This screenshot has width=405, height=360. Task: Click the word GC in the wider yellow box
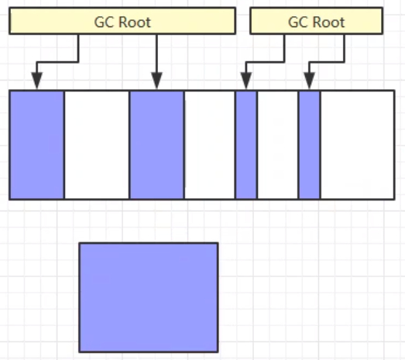pyautogui.click(x=105, y=22)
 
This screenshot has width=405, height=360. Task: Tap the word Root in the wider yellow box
pyautogui.click(x=135, y=22)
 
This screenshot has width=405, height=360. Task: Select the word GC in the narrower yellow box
pyautogui.click(x=299, y=22)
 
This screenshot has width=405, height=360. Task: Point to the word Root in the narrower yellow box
pyautogui.click(x=328, y=22)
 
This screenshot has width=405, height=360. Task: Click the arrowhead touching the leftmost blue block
pyautogui.click(x=37, y=81)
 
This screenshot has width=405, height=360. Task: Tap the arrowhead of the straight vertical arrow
pyautogui.click(x=156, y=81)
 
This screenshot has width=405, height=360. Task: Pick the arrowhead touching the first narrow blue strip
pyautogui.click(x=246, y=81)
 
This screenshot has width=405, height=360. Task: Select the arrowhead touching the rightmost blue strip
pyautogui.click(x=310, y=81)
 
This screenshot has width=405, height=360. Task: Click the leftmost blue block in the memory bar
pyautogui.click(x=36, y=145)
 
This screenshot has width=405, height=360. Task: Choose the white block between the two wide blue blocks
pyautogui.click(x=97, y=145)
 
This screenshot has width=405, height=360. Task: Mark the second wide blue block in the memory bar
pyautogui.click(x=156, y=145)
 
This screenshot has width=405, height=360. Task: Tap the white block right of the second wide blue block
pyautogui.click(x=210, y=145)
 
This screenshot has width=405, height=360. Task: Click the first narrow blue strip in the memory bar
pyautogui.click(x=246, y=145)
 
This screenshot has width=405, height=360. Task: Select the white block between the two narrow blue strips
pyautogui.click(x=278, y=145)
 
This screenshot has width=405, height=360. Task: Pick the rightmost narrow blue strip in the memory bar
pyautogui.click(x=310, y=145)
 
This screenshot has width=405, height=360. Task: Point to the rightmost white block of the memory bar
pyautogui.click(x=358, y=145)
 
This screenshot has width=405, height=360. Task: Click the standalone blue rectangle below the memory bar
pyautogui.click(x=149, y=297)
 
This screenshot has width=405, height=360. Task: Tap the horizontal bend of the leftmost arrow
pyautogui.click(x=57, y=62)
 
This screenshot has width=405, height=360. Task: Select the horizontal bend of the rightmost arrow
pyautogui.click(x=327, y=62)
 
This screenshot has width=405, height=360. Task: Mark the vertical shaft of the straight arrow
pyautogui.click(x=156, y=53)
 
